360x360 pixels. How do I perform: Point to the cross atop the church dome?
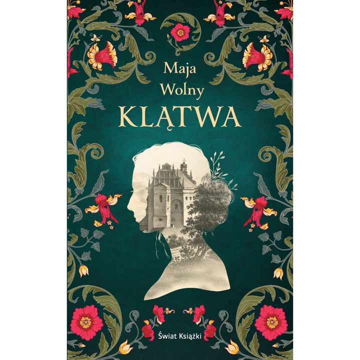pos(184,161)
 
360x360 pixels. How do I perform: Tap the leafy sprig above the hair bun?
pos(216,164)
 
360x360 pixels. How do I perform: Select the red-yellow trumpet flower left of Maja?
pos(104,55)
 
